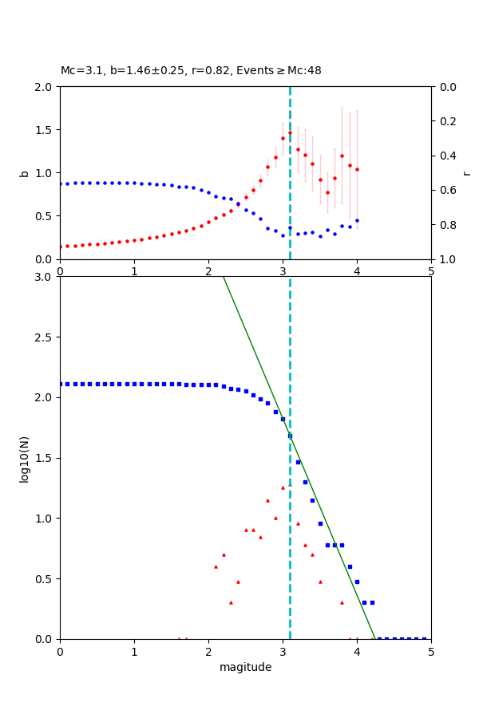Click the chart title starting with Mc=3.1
pyautogui.click(x=191, y=71)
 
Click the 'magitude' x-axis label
pyautogui.click(x=245, y=667)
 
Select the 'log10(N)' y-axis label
pyautogui.click(x=24, y=458)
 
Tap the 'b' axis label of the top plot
pyautogui.click(x=24, y=173)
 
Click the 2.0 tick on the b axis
pyautogui.click(x=46, y=87)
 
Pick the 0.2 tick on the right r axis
pyautogui.click(x=446, y=121)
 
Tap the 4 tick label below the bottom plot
pyautogui.click(x=357, y=651)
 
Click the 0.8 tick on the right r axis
pyautogui.click(x=446, y=225)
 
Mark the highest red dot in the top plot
pyautogui.click(x=290, y=132)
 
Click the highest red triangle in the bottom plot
pyautogui.click(x=283, y=487)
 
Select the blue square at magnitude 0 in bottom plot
pyautogui.click(x=61, y=384)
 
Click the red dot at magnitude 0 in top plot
pyautogui.click(x=61, y=247)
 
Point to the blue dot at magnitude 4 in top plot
pyautogui.click(x=357, y=220)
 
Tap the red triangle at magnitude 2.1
pyautogui.click(x=216, y=566)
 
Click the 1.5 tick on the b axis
pyautogui.click(x=46, y=130)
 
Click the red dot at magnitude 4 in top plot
pyautogui.click(x=357, y=169)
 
